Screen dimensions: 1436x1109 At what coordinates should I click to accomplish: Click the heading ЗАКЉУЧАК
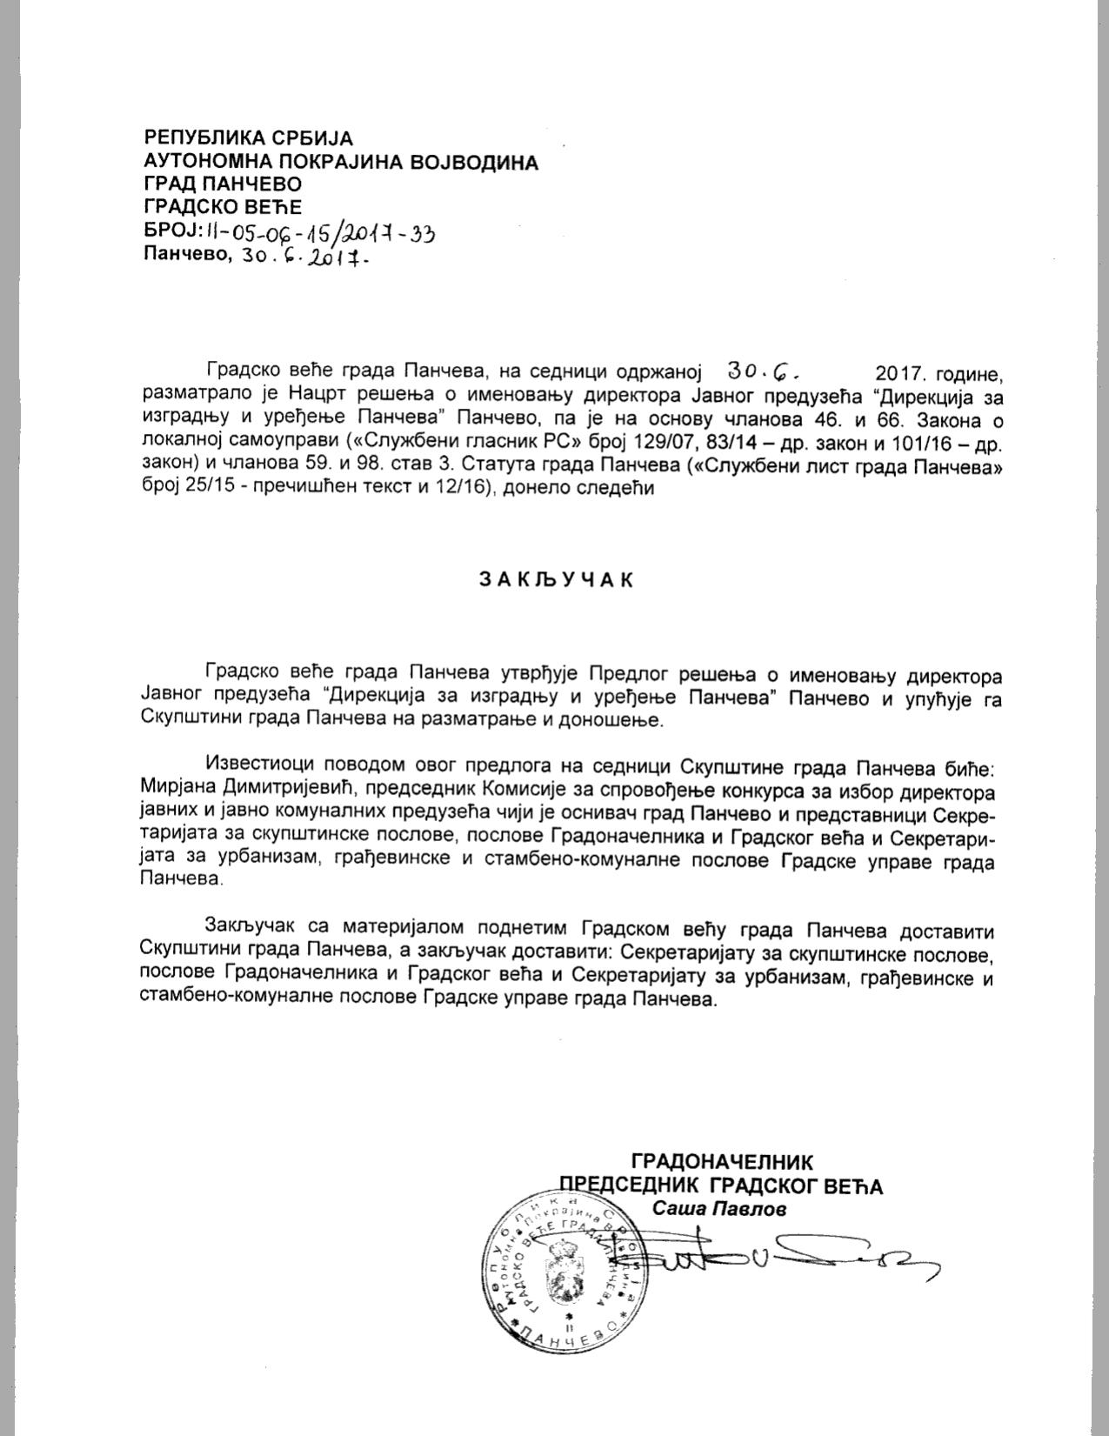pyautogui.click(x=555, y=581)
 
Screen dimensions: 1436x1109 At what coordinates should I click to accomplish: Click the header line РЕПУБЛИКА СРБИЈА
pyautogui.click(x=249, y=137)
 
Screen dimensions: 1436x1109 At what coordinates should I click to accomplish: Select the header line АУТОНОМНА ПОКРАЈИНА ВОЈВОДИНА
pyautogui.click(x=341, y=161)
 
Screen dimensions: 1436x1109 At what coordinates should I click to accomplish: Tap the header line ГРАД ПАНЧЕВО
pyautogui.click(x=223, y=184)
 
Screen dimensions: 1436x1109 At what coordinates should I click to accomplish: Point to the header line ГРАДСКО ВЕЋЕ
pyautogui.click(x=223, y=207)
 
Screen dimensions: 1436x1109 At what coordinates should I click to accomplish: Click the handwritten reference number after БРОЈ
pyautogui.click(x=319, y=231)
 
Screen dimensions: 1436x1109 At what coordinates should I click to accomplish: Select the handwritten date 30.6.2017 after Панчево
pyautogui.click(x=308, y=255)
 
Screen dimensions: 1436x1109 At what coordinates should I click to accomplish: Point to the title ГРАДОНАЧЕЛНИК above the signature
pyautogui.click(x=722, y=1161)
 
